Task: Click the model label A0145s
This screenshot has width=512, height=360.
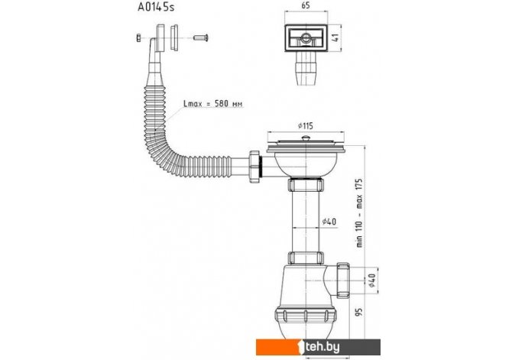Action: pos(156,7)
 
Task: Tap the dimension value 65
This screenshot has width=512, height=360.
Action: pos(306,5)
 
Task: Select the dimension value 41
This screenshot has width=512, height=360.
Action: pos(335,37)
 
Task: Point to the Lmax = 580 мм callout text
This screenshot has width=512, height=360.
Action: pos(213,104)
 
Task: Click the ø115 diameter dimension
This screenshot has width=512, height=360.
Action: pos(306,126)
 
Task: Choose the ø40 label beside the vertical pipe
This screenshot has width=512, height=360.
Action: pos(329,222)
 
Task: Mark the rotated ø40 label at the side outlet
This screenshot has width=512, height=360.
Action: pos(372,281)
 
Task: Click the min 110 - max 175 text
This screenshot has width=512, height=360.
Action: pos(359,212)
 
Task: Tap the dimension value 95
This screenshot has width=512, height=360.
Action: pos(359,312)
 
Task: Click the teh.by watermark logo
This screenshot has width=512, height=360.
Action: pos(318,347)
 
